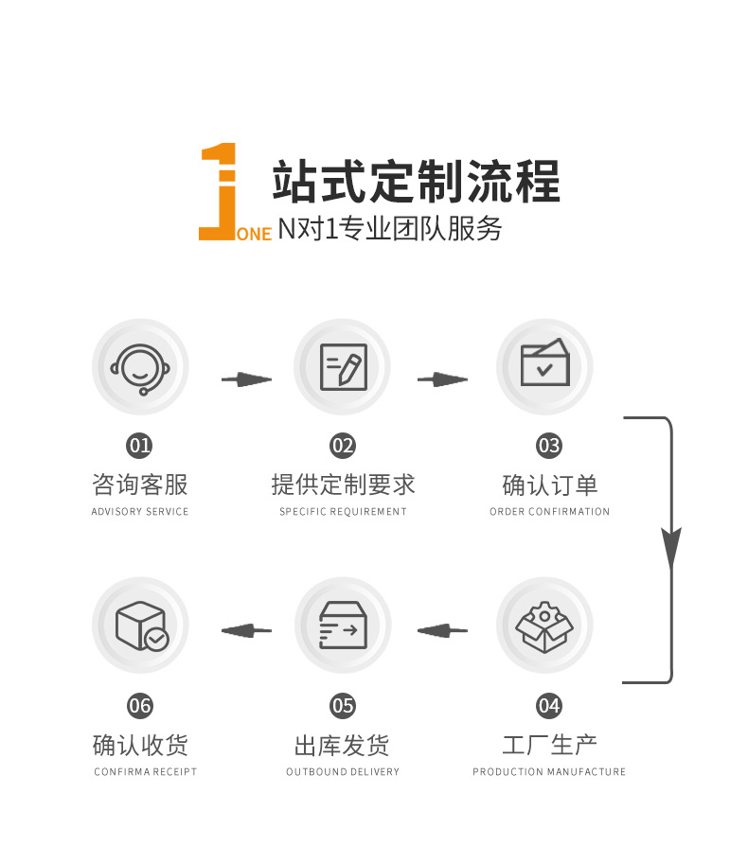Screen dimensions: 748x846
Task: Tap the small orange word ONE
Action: (254, 234)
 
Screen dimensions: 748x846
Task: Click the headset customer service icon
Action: (140, 366)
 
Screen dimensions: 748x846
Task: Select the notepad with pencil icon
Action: (343, 366)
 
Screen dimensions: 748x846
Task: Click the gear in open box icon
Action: (544, 626)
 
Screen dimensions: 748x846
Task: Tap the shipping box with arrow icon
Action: (343, 626)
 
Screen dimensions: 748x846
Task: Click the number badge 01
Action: (140, 445)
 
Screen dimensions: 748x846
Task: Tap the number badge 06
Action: (140, 706)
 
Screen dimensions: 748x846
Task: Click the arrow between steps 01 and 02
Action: (246, 379)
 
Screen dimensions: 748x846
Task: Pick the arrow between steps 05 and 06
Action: (246, 629)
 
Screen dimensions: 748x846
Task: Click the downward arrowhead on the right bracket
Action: (671, 548)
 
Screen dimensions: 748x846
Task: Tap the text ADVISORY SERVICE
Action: (140, 512)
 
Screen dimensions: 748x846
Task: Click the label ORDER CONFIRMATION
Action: (549, 512)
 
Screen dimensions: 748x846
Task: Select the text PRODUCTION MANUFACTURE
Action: (549, 772)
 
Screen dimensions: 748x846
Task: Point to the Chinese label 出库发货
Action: (342, 745)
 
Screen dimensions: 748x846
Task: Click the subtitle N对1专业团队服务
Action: (389, 228)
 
